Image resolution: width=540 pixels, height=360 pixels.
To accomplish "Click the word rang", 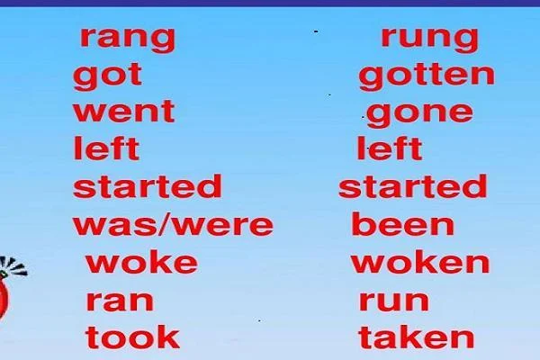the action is coord(128,40).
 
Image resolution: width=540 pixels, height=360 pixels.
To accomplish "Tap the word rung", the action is coord(430,40).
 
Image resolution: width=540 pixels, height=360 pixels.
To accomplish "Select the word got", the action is coord(107,76).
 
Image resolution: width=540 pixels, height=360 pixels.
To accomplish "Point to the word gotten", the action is coord(427,76).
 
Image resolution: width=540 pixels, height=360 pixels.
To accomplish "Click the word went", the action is coord(124,112).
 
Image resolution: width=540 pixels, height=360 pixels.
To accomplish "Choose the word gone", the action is coord(419,114).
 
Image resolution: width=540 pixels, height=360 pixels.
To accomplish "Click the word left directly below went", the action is coord(106,148).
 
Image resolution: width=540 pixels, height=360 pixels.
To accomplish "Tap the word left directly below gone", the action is coord(390,148).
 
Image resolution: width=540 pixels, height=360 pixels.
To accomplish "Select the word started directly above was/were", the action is coord(148,186).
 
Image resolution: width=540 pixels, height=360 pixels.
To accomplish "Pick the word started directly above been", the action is coord(413,186).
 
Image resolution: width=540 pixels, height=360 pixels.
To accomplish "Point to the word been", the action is coord(403,223).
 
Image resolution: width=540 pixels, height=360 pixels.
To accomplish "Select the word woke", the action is coord(141,262).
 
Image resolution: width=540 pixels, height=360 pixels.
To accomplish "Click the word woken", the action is coord(420,262).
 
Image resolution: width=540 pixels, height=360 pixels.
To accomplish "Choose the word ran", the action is coord(120,301).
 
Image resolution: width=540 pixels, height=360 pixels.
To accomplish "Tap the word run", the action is coord(394,301).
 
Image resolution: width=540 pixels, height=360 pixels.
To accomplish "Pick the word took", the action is coord(132,337).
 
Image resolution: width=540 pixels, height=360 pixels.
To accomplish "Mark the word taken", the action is coord(417,337).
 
